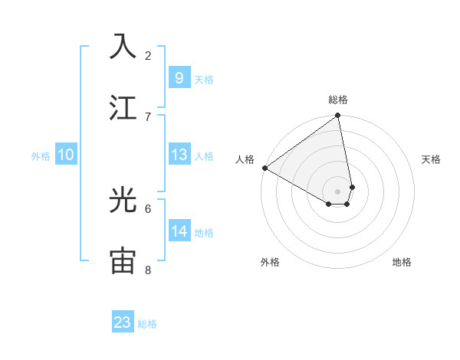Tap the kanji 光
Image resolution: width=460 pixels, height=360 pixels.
123,201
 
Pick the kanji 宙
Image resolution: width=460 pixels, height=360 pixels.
123,260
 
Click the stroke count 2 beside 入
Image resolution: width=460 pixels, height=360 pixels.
148,55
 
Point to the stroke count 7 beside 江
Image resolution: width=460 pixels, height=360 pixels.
148,116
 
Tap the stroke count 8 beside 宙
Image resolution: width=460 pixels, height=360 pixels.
148,270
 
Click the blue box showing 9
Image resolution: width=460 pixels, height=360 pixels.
179,77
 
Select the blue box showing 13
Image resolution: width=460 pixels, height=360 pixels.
179,155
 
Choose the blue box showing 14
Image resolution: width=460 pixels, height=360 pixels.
179,231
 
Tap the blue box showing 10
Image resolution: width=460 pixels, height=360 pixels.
66,155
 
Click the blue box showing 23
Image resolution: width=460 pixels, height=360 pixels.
123,322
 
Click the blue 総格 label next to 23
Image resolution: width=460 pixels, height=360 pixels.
147,324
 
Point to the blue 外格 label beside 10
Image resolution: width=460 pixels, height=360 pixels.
41,156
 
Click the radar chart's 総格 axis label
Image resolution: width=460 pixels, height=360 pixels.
338,100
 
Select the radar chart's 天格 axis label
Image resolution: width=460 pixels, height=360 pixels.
432,159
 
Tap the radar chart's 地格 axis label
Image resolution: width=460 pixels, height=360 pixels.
402,262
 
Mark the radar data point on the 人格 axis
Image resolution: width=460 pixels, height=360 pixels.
264,168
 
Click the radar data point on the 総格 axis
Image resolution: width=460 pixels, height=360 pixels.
338,116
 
